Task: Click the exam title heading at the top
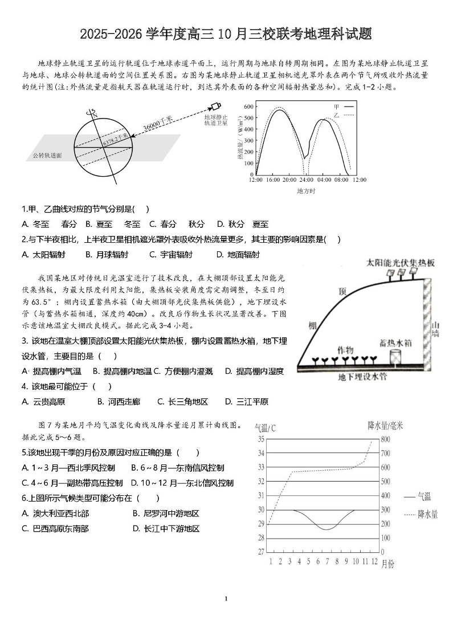tap(226, 34)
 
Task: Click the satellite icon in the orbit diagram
tap(215, 107)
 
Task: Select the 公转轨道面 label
tap(47, 155)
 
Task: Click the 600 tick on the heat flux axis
tap(248, 107)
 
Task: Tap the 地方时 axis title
tap(306, 191)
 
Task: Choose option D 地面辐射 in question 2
tap(238, 255)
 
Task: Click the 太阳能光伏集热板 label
tap(401, 263)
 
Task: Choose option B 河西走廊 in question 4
tap(119, 402)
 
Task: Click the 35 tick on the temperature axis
tap(261, 439)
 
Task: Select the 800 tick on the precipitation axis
tap(385, 439)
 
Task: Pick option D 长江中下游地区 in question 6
tap(166, 528)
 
